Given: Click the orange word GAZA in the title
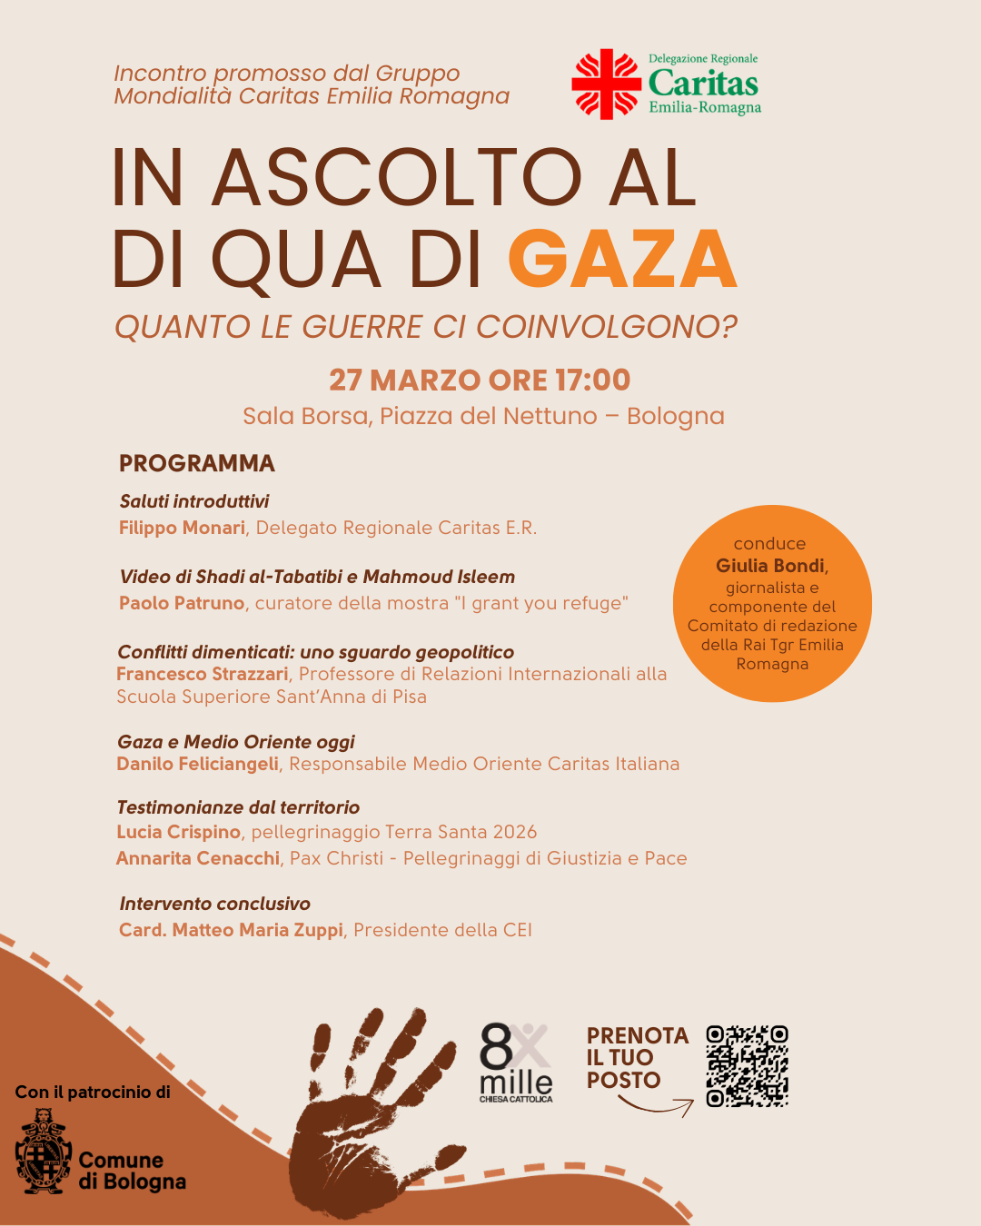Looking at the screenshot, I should click(622, 260).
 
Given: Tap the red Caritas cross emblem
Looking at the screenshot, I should click(606, 84).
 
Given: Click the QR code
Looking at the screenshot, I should click(747, 1066).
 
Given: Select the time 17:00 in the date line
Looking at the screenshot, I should click(593, 380).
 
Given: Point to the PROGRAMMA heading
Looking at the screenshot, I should click(197, 463).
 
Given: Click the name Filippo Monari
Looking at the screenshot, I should click(182, 528).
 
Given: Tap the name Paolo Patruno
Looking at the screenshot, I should click(182, 603).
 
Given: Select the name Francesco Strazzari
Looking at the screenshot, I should click(202, 674).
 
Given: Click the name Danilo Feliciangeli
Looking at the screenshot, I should click(197, 764).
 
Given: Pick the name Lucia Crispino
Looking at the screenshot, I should click(178, 832).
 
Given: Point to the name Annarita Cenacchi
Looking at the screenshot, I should click(198, 858).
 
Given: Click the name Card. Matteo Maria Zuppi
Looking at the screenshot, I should click(231, 930).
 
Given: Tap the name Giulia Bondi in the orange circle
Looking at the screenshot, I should click(770, 566).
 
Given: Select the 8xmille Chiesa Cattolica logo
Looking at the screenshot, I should click(515, 1063).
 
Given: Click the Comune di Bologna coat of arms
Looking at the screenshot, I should click(43, 1152).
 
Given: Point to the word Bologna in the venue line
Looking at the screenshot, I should click(676, 416).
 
